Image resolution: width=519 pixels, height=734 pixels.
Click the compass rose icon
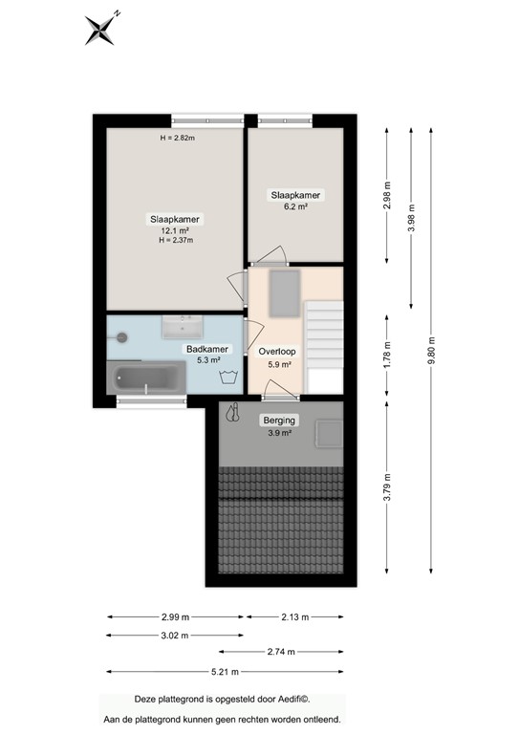pos(100,29)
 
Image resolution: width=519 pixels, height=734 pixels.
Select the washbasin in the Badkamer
pos(179,327)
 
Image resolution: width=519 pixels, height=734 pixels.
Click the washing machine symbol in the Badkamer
pos(227,377)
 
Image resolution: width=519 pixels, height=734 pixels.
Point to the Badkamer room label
pos(207,350)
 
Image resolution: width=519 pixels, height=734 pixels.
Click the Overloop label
pos(278,351)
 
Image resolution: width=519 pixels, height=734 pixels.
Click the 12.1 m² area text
pos(175,230)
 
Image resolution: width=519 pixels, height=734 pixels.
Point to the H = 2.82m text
pos(177,139)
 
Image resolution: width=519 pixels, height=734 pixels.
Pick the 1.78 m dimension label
pos(387,354)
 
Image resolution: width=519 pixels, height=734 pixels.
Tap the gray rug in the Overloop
pos(285,292)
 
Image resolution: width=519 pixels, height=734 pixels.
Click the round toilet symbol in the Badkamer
pos(122,336)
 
